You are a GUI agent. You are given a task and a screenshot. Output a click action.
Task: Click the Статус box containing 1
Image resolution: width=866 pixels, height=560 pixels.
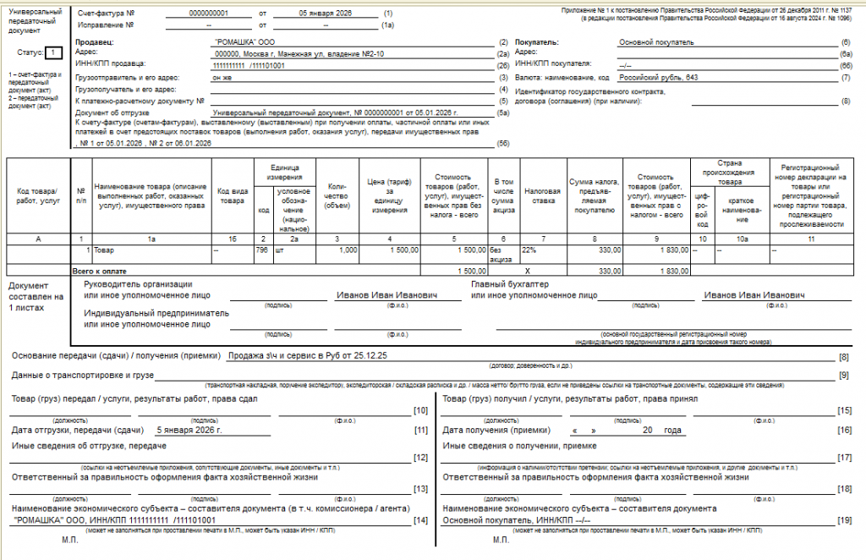point(53,52)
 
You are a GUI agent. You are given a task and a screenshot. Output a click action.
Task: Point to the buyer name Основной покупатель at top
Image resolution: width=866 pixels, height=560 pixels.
point(656,41)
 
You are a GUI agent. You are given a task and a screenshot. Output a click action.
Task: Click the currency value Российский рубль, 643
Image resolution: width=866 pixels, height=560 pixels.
point(658,77)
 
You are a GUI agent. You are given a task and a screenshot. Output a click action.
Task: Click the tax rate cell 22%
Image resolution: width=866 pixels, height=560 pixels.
point(529,250)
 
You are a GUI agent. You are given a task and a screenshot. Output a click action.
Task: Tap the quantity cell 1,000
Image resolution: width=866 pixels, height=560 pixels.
point(347,250)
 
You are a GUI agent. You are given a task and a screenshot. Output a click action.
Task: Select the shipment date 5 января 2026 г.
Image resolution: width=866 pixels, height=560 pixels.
point(189,431)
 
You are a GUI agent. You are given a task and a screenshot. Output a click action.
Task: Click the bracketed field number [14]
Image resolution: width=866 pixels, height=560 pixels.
point(420,519)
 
